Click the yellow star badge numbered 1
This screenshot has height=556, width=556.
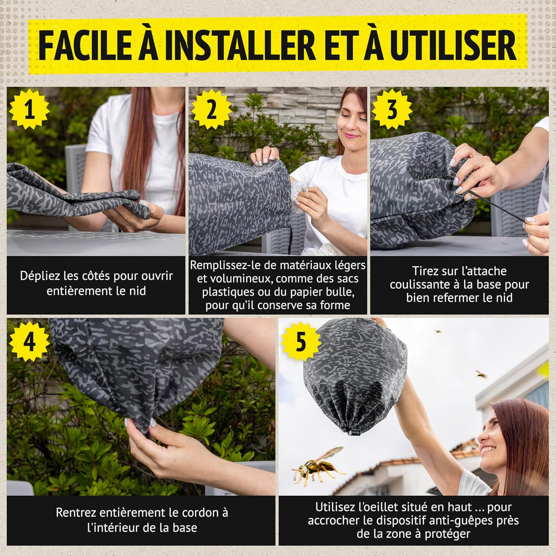[x=29, y=110]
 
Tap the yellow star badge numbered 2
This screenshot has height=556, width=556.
[x=211, y=110]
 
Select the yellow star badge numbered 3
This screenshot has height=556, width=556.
[x=392, y=110]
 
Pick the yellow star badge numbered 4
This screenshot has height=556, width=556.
[x=29, y=341]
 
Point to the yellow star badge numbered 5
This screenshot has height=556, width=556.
[x=301, y=341]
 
